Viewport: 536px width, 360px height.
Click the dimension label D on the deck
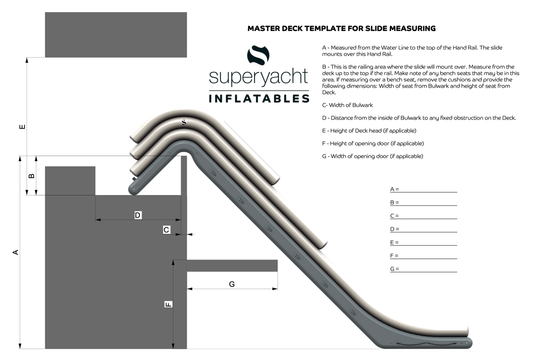[x=138, y=215]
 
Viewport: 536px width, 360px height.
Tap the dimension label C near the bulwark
[x=166, y=230]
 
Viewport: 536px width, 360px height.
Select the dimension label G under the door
[x=232, y=284]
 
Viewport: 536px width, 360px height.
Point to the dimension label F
[x=168, y=304]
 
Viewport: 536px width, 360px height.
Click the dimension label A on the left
[x=16, y=252]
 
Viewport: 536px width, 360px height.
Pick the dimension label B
[x=31, y=176]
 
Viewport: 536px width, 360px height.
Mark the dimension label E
[x=22, y=127]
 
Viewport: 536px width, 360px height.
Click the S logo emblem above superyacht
[x=258, y=55]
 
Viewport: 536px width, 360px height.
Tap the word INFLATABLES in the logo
[x=259, y=99]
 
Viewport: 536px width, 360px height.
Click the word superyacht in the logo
[x=258, y=77]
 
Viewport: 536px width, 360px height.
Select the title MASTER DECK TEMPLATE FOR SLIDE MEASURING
[x=342, y=29]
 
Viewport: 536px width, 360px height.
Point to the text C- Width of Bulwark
[x=347, y=105]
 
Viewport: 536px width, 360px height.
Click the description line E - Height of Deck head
[x=369, y=131]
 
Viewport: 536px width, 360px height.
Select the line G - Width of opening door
[x=373, y=156]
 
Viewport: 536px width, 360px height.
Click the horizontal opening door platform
[x=232, y=266]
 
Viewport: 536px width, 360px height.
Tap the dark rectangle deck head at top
[x=116, y=35]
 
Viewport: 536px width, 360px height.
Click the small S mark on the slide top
[x=184, y=122]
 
